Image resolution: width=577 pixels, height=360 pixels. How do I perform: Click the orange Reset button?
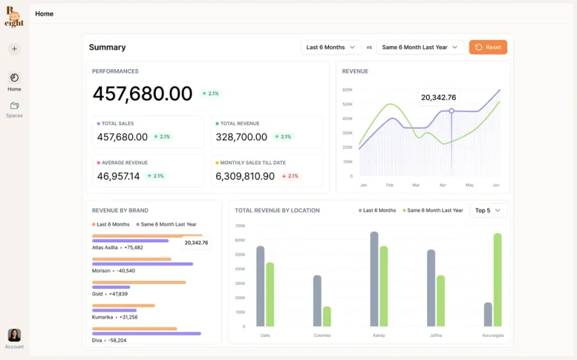488,47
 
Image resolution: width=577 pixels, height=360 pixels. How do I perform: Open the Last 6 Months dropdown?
331,47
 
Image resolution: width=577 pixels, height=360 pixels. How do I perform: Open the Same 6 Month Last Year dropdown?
420,47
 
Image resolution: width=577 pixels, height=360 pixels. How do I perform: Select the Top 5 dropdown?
488,210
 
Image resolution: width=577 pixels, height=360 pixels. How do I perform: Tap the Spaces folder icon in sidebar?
14,106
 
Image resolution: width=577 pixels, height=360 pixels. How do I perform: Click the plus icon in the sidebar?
14,49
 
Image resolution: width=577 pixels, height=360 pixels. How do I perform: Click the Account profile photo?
14,335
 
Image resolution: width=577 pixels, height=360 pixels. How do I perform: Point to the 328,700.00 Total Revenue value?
242,137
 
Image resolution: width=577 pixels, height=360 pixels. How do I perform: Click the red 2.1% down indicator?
290,176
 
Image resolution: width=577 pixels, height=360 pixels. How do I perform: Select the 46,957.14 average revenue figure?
119,176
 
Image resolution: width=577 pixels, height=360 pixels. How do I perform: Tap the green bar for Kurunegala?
498,280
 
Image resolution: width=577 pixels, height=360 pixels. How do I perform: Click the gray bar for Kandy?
374,279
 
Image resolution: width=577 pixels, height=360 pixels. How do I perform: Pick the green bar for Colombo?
327,316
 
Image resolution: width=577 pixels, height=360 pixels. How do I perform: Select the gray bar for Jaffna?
431,288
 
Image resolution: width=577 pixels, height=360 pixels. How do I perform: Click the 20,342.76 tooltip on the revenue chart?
439,97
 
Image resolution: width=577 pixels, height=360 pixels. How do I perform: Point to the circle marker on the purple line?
451,111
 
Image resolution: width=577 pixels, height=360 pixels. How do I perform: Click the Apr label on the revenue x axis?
442,185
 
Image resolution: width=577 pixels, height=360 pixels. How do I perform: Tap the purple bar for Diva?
146,334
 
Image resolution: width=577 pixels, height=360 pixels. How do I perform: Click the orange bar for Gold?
139,282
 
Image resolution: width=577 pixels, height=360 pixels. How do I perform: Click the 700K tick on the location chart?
240,225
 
